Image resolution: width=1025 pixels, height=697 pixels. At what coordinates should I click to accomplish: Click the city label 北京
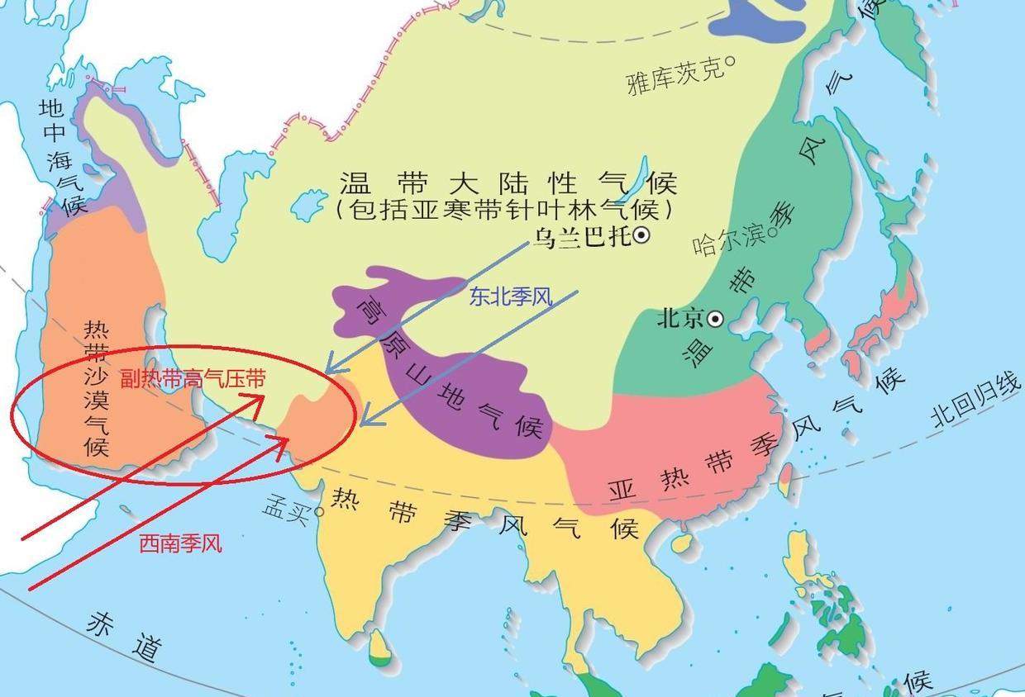[679, 319]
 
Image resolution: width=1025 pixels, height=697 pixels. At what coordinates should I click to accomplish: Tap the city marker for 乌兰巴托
[641, 236]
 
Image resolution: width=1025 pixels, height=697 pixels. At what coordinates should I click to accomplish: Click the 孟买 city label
[286, 506]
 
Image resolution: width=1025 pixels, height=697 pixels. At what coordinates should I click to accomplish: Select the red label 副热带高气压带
[193, 379]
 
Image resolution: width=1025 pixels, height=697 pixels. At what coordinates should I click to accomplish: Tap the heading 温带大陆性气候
[508, 183]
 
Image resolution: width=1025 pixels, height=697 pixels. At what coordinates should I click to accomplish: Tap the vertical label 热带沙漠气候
[96, 389]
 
